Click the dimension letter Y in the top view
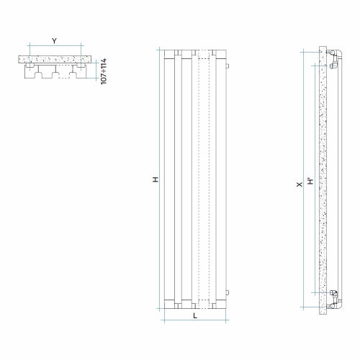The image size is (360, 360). (54, 40)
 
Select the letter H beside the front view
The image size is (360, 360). (156, 179)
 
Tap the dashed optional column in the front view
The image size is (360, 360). (207, 180)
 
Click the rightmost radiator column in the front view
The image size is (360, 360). (221, 180)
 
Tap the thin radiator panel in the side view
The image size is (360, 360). (333, 180)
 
